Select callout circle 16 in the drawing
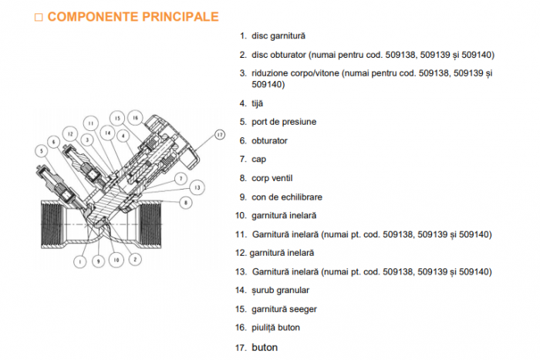click(135, 117)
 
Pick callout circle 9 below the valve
click(98, 261)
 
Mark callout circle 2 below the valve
click(135, 261)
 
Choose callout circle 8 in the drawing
click(185, 202)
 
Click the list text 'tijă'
click(257, 103)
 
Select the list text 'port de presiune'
click(283, 122)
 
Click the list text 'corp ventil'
click(272, 178)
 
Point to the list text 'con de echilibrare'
click(286, 197)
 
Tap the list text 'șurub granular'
click(280, 291)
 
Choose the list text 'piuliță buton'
click(275, 328)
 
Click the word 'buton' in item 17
click(265, 348)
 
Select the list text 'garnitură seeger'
click(283, 309)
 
